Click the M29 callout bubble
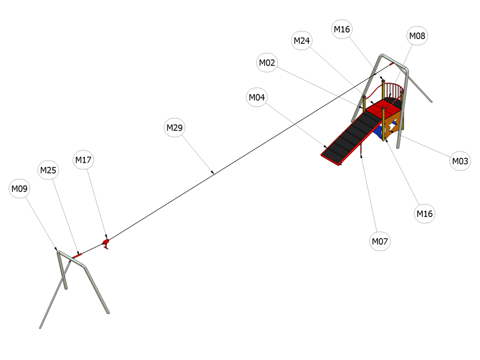click(x=174, y=127)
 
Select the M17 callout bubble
click(x=83, y=159)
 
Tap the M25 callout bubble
click(x=48, y=170)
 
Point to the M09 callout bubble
click(x=19, y=189)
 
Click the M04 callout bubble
click(x=257, y=98)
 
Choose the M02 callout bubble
click(x=267, y=63)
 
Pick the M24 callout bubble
click(x=301, y=41)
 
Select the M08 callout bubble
click(x=417, y=36)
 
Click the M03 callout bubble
click(x=460, y=161)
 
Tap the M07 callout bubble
click(x=380, y=241)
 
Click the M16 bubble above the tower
click(x=342, y=29)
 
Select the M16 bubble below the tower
click(x=425, y=213)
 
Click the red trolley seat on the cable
click(x=106, y=243)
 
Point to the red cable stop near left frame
click(x=77, y=255)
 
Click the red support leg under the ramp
click(x=361, y=149)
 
